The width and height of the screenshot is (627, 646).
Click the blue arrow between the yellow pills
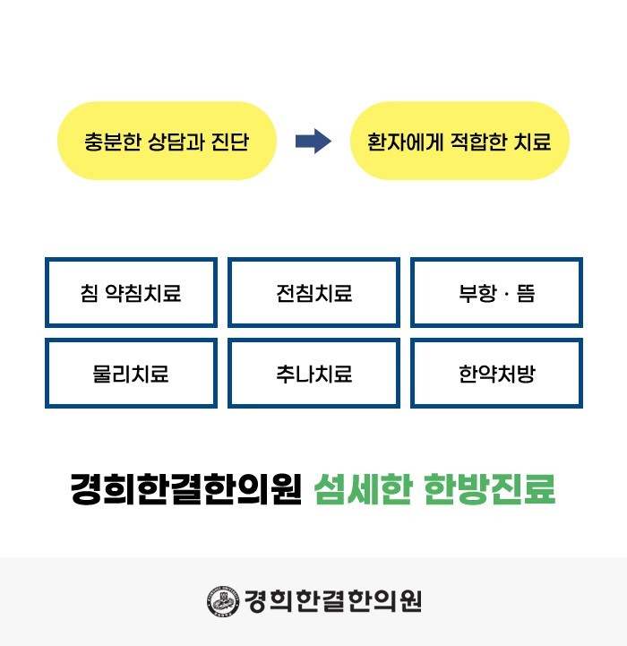click(x=313, y=142)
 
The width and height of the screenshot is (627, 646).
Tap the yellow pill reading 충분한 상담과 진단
click(x=166, y=141)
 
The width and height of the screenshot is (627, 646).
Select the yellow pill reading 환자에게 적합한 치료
click(x=459, y=141)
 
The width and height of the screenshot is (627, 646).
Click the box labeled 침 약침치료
click(x=131, y=293)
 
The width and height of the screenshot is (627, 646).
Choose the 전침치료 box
click(x=313, y=293)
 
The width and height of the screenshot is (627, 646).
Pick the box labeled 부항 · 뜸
click(x=496, y=293)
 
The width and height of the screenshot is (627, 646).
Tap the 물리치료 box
click(x=131, y=373)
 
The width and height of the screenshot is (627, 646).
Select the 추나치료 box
click(x=313, y=373)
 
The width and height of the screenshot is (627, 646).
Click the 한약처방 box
click(x=496, y=373)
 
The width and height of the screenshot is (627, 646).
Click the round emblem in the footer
click(x=219, y=601)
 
